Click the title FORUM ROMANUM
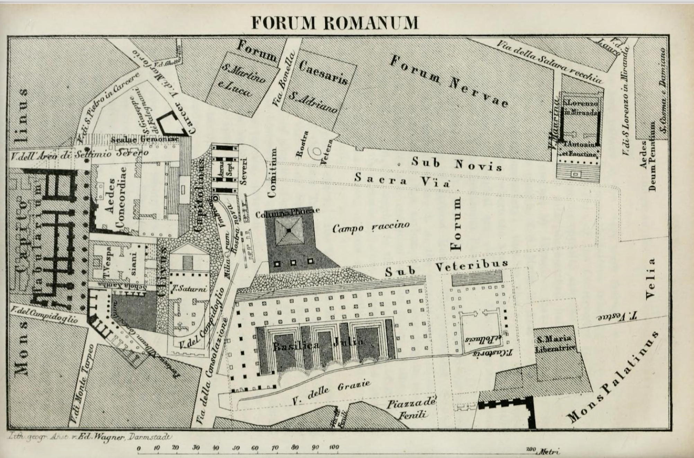point(335,23)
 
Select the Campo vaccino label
point(371,227)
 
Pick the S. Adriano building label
point(313,102)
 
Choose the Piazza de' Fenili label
point(411,409)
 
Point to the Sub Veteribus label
point(447,268)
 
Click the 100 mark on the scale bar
point(334,447)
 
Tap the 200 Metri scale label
point(542,450)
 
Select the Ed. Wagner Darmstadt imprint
point(88,437)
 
